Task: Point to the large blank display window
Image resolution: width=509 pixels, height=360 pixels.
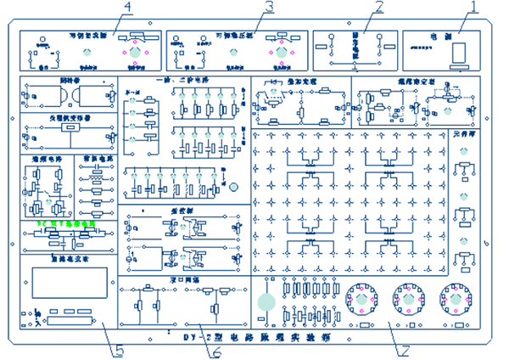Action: tap(70, 283)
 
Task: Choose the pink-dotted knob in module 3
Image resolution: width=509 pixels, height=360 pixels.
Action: tap(281, 53)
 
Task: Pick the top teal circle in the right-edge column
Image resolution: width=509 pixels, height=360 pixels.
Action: tap(463, 150)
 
